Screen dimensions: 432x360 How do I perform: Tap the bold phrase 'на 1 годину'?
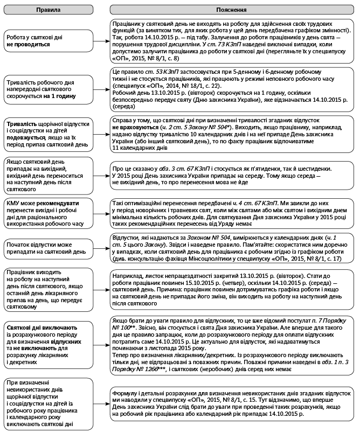click(x=59, y=96)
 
